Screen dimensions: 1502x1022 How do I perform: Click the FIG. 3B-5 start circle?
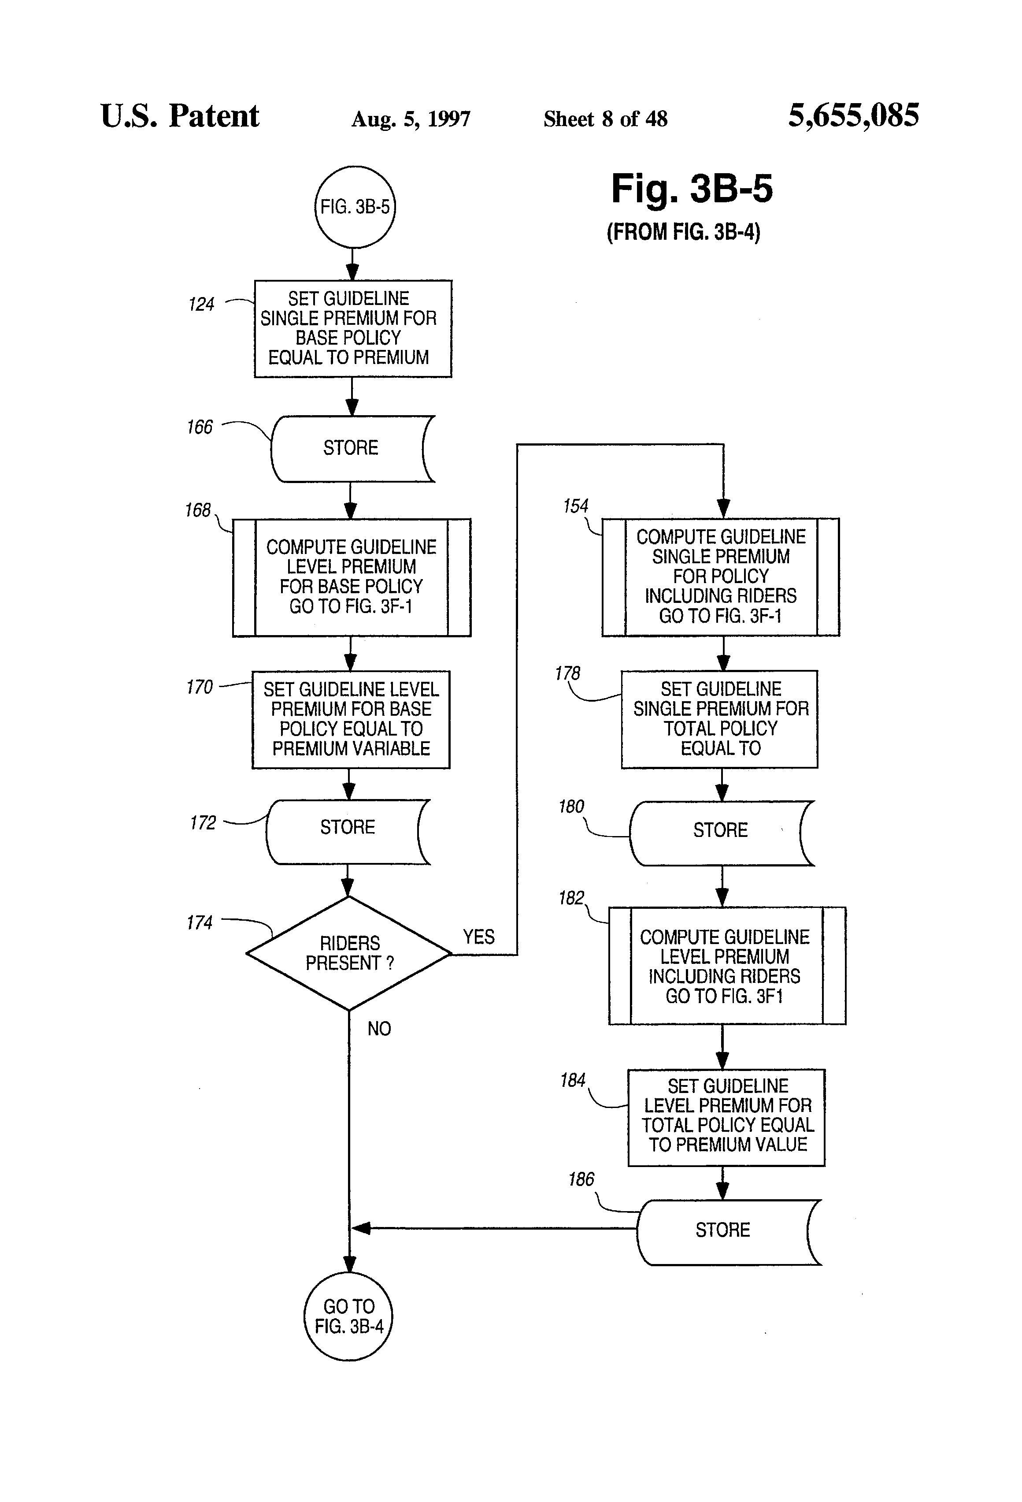pyautogui.click(x=355, y=207)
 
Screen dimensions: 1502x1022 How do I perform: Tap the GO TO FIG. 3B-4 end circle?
pyautogui.click(x=348, y=1316)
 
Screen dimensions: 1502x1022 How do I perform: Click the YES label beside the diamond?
pyautogui.click(x=478, y=937)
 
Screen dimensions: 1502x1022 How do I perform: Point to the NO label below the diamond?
pyautogui.click(x=379, y=1028)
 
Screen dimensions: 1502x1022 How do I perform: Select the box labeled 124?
pyautogui.click(x=353, y=328)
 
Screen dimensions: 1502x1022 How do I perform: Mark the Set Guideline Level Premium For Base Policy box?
pyautogui.click(x=351, y=719)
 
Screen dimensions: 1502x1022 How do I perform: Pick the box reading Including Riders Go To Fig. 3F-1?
pyautogui.click(x=720, y=576)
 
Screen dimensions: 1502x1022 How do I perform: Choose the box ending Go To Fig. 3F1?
pyautogui.click(x=727, y=966)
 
